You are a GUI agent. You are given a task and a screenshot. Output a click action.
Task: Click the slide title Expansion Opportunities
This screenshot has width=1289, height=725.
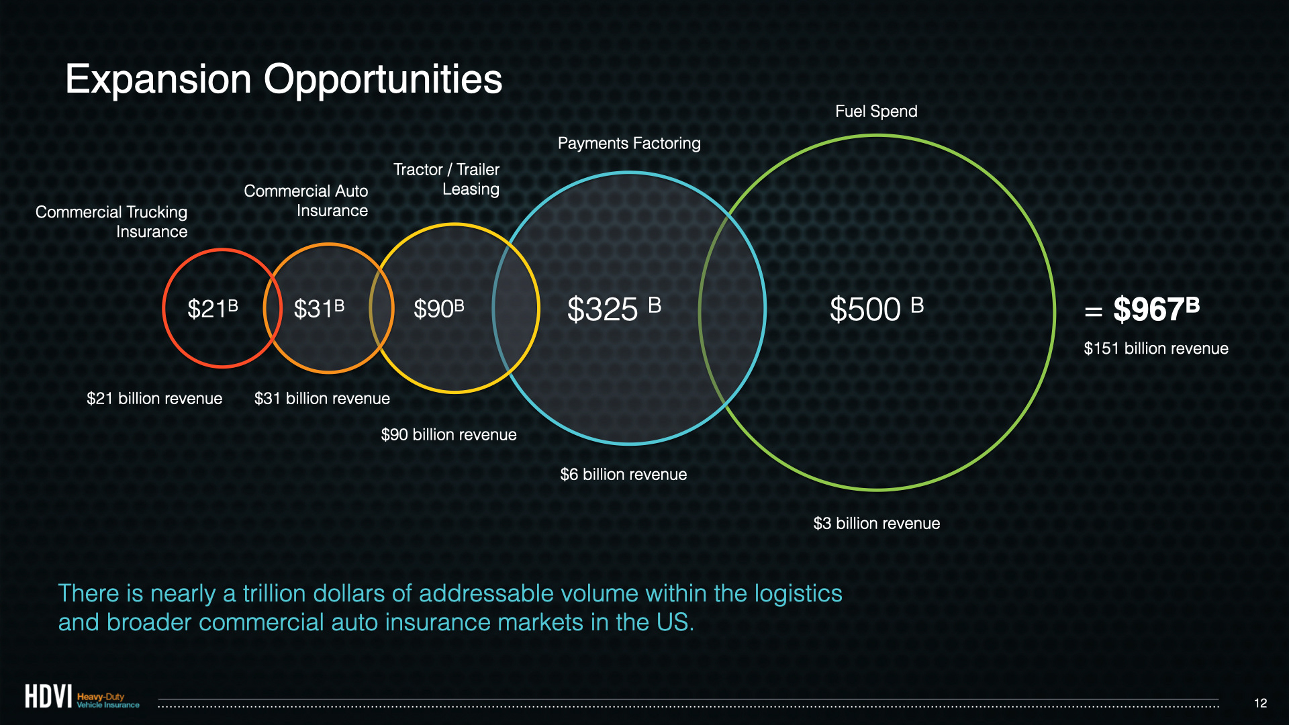283,80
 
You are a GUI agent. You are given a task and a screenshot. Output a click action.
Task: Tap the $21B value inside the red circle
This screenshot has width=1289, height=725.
213,309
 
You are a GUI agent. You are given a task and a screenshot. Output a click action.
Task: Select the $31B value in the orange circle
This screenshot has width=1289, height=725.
319,309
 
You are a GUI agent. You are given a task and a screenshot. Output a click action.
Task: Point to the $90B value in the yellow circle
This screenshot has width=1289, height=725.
439,309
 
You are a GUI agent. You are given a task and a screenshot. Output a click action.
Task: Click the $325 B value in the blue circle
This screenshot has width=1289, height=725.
614,309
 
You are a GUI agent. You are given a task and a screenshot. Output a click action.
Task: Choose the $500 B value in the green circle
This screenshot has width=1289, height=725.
877,309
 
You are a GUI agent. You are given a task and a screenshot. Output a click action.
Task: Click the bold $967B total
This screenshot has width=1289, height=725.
1156,309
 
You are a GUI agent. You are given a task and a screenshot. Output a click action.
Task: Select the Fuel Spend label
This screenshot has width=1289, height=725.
876,111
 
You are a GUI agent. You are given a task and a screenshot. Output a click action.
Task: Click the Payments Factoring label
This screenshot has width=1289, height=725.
629,144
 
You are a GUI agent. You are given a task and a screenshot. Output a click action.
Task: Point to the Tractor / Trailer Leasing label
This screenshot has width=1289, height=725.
446,179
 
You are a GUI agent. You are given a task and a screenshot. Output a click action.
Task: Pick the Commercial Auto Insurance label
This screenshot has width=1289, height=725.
306,201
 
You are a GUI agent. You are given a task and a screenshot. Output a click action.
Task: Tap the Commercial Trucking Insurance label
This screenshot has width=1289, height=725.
111,222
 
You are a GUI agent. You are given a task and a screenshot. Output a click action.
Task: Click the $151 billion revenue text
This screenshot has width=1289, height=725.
1156,348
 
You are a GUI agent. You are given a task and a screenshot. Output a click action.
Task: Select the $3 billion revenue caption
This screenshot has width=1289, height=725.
877,524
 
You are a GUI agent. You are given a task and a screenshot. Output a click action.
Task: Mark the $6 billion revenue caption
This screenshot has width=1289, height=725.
624,475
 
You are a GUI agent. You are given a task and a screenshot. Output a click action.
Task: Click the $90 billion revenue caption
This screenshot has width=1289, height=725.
449,435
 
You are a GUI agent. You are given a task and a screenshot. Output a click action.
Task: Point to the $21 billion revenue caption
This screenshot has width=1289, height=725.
154,399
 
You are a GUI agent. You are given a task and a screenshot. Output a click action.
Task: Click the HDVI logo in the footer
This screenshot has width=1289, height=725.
82,696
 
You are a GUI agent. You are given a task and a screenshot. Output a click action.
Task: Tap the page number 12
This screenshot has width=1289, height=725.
1261,703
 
